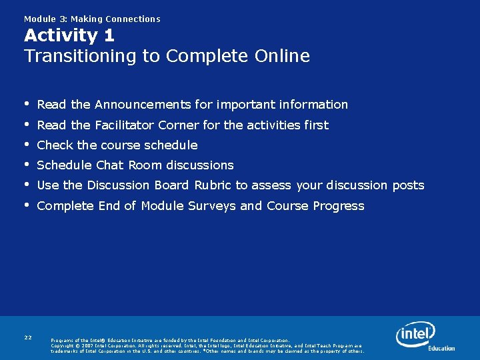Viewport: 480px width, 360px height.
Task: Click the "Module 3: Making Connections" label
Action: click(x=92, y=19)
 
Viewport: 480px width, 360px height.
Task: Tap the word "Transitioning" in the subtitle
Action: click(x=81, y=56)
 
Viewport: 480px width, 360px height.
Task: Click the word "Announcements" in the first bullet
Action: click(x=143, y=105)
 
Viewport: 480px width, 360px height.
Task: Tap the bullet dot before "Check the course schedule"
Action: click(x=27, y=145)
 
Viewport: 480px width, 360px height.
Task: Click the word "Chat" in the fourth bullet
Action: click(x=110, y=165)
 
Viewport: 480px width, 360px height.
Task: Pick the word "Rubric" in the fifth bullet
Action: click(x=213, y=185)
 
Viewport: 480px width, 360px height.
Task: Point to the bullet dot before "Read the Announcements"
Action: click(x=27, y=104)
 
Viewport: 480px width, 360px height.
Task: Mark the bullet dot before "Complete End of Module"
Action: click(x=27, y=205)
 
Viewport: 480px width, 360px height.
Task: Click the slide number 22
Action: click(x=28, y=338)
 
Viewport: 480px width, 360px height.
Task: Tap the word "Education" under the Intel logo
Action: click(x=441, y=348)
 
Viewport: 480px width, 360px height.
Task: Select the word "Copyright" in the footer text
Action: click(x=65, y=346)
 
